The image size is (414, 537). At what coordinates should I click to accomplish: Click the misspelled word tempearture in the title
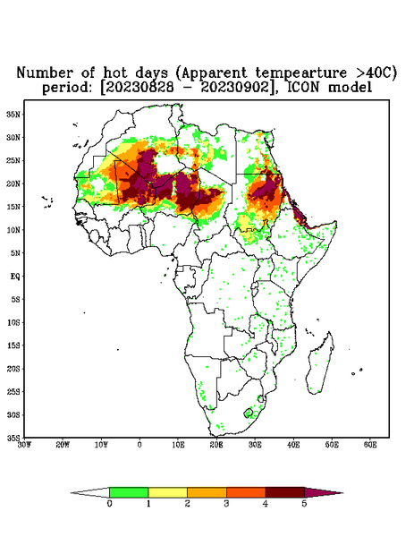point(301,72)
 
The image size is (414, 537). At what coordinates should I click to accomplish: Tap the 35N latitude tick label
point(13,115)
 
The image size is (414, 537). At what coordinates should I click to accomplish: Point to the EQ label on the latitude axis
point(14,276)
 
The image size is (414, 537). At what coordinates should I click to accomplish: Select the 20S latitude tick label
point(13,369)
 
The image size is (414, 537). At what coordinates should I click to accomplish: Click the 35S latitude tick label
point(13,438)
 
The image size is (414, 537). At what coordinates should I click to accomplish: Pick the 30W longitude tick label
point(24,445)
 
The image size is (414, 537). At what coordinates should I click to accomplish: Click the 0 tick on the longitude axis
point(139,445)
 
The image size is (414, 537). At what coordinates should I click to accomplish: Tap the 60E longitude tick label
point(370,445)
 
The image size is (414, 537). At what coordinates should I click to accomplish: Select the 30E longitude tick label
point(255,445)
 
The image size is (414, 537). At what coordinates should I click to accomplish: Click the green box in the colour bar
point(129,492)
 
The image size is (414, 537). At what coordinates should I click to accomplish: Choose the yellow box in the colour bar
point(167,492)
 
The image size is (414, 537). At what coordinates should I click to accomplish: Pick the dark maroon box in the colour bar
point(285,492)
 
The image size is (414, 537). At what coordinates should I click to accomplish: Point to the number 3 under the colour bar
point(226,504)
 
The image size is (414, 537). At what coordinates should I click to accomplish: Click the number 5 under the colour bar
point(304,504)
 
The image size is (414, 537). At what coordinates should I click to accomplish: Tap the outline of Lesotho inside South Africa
point(249,413)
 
